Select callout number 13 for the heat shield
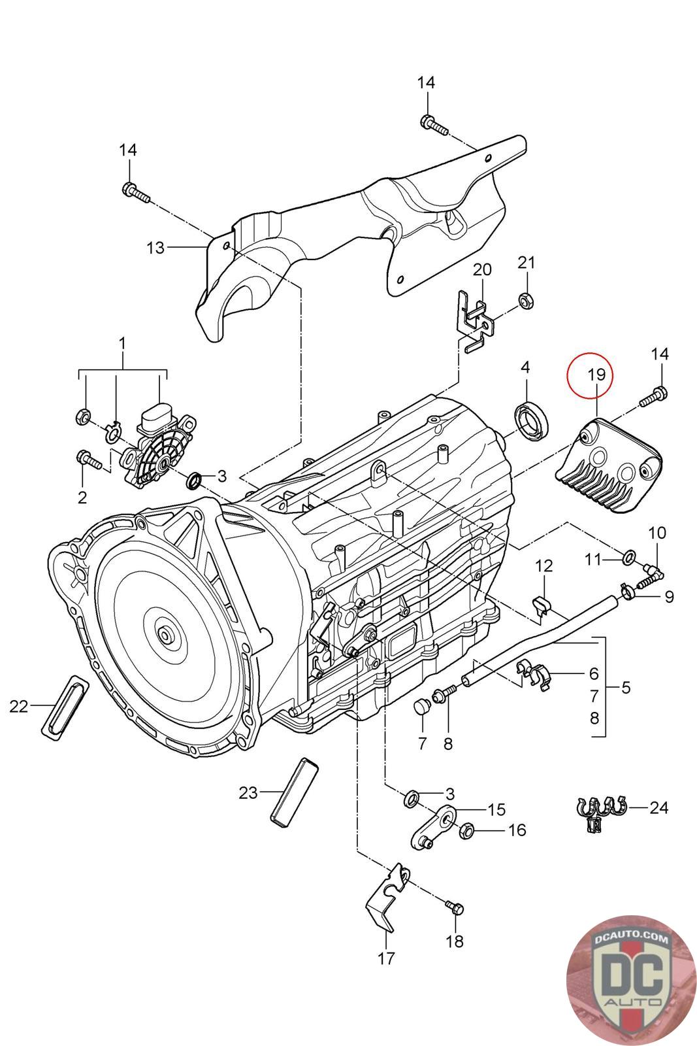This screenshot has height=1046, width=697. (155, 248)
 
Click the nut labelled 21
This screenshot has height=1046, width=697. (524, 299)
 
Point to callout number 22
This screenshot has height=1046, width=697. (19, 706)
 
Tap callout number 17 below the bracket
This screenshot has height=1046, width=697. (386, 958)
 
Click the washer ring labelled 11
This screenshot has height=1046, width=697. (626, 557)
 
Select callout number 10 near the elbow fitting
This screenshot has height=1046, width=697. (656, 533)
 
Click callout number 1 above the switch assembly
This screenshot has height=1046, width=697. (122, 343)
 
